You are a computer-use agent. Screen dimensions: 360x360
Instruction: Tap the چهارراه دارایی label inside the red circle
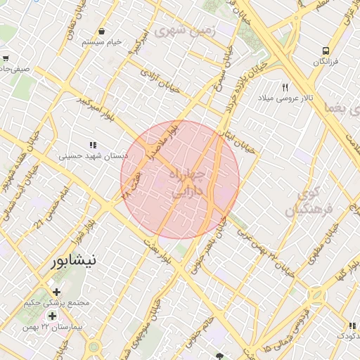pos(186,181)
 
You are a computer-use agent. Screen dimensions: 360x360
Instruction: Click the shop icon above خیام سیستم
pos(103,31)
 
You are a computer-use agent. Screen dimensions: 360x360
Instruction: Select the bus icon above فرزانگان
pos(325,51)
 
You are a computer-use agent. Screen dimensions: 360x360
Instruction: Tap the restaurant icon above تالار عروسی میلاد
pos(285,87)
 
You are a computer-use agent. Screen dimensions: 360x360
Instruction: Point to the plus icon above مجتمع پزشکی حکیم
pos(56,292)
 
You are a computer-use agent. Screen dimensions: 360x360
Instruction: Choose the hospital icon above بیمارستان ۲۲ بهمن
pos(52,316)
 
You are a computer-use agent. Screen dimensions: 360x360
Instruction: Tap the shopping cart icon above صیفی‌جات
pos(6,58)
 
